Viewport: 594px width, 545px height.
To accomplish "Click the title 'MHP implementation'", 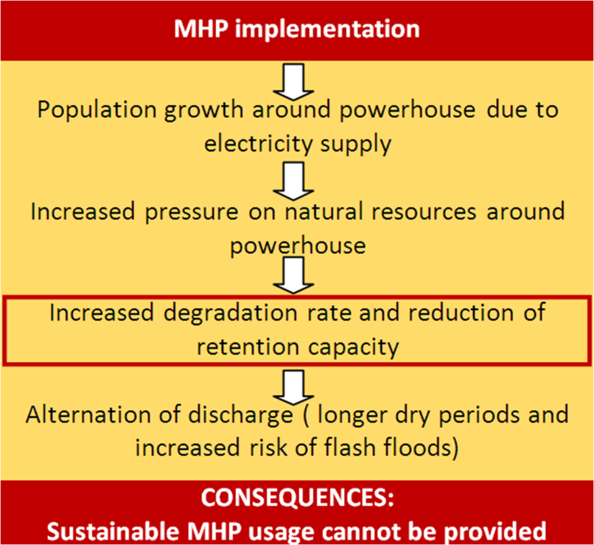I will [296, 29].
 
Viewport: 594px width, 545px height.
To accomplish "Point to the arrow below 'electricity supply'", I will [296, 178].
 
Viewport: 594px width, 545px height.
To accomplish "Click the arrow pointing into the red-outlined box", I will [296, 277].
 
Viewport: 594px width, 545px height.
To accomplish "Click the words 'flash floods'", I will [394, 447].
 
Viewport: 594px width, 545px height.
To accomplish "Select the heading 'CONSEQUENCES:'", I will [296, 497].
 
